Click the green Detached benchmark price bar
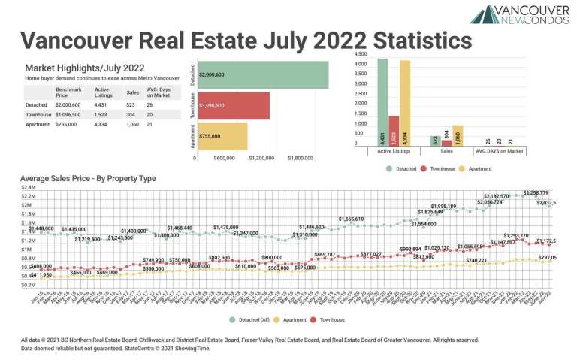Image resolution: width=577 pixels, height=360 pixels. pos(262,74)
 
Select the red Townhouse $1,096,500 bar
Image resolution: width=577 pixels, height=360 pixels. pos(233,106)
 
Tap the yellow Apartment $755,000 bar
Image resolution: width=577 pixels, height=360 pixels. pos(222,137)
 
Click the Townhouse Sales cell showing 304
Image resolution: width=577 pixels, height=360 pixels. pos(131,113)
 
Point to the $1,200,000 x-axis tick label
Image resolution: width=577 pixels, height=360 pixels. pos(258,159)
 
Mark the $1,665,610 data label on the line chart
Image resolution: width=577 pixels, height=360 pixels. pos(351,219)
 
